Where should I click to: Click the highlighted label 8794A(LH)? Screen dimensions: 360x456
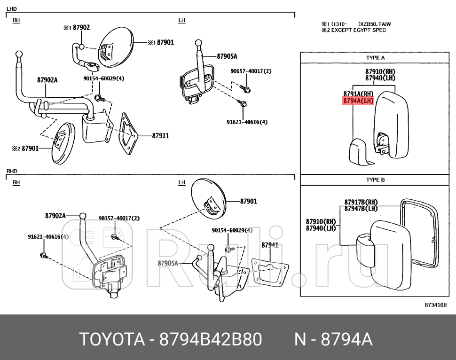click(x=358, y=101)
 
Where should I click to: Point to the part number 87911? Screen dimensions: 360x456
click(x=160, y=136)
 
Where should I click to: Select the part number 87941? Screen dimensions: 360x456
click(x=270, y=245)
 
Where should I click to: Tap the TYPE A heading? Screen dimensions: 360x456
click(x=375, y=58)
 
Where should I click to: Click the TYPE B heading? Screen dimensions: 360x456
click(x=375, y=180)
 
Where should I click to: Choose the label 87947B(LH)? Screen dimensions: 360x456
click(x=361, y=209)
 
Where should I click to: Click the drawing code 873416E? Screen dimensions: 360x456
click(x=436, y=305)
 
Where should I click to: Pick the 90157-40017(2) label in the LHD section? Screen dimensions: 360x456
click(x=251, y=71)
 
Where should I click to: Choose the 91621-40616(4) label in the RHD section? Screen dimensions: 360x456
click(x=48, y=237)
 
